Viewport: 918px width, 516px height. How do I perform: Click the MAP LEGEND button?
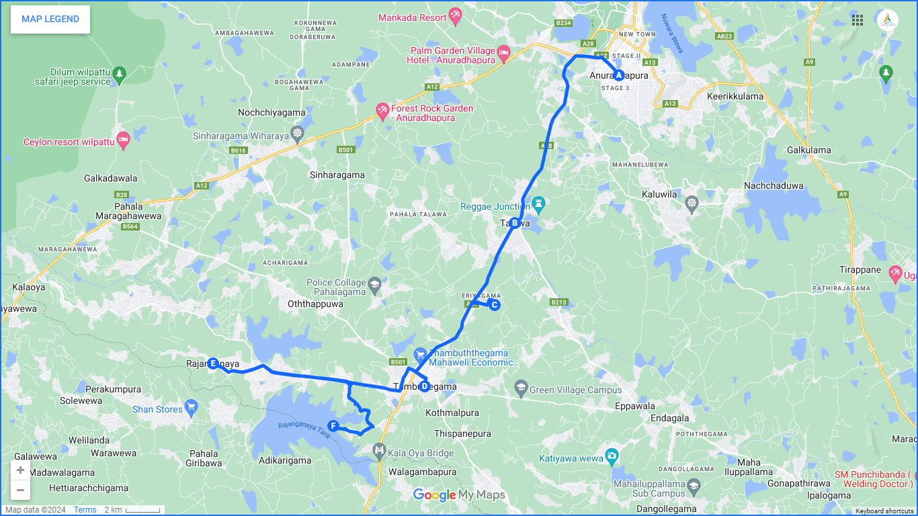(x=50, y=19)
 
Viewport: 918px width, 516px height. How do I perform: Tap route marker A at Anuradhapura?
(x=619, y=75)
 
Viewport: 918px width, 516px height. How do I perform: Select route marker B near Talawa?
(x=515, y=223)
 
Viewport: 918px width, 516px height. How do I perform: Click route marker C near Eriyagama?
(x=495, y=305)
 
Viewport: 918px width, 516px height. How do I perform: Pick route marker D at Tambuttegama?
(x=424, y=386)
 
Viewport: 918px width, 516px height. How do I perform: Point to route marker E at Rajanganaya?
(x=213, y=363)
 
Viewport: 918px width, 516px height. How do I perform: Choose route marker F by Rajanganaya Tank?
(x=333, y=425)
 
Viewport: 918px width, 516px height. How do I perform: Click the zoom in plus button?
(x=21, y=470)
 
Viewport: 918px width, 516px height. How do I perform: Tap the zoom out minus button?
(x=21, y=490)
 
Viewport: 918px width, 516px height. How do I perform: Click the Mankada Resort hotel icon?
(x=456, y=14)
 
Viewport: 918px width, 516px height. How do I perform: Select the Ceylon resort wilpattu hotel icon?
(x=123, y=141)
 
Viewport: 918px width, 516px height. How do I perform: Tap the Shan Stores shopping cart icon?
(x=191, y=407)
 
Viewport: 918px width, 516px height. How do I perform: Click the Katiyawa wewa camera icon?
(x=611, y=455)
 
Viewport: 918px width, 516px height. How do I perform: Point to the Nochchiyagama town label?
(x=272, y=113)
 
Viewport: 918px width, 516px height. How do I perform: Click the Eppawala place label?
(x=635, y=406)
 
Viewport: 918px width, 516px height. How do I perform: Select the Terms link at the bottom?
(x=85, y=510)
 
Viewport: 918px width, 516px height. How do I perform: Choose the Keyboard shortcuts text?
(x=884, y=511)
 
